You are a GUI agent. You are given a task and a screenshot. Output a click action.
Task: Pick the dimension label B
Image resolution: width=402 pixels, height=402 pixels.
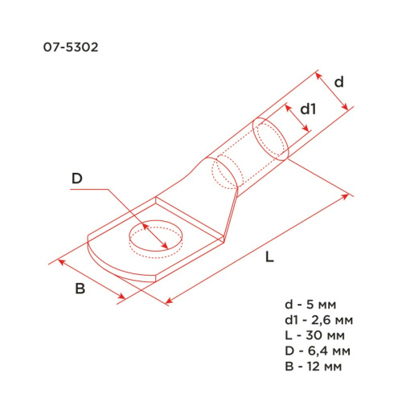pyautogui.click(x=80, y=289)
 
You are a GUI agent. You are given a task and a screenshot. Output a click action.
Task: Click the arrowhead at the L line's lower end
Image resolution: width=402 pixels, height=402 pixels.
pyautogui.click(x=169, y=302)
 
